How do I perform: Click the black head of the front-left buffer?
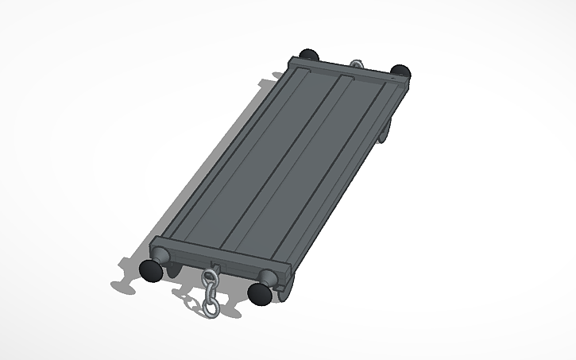(x=152, y=271)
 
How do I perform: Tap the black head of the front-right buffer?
(x=259, y=294)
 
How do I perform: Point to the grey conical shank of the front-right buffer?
(x=271, y=279)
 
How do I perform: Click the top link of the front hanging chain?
(x=209, y=277)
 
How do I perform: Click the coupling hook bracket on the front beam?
(x=212, y=264)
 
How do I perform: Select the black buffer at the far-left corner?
(x=309, y=55)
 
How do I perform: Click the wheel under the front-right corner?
(x=288, y=288)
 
